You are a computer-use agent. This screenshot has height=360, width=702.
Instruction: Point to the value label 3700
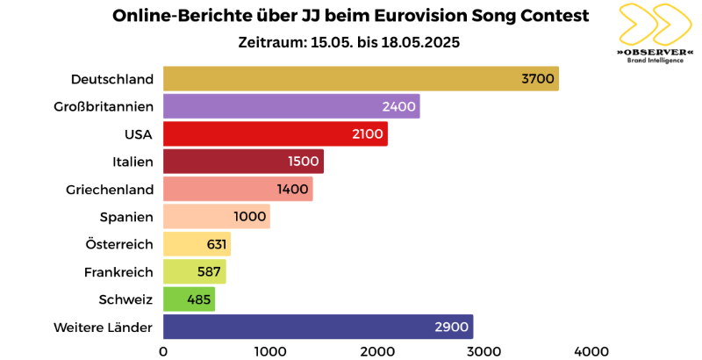pyautogui.click(x=537, y=79)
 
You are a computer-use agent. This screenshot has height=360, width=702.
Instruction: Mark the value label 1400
pyautogui.click(x=291, y=190)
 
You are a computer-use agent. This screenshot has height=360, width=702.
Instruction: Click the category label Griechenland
pyautogui.click(x=110, y=190)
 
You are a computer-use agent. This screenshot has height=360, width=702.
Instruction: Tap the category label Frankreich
pyautogui.click(x=118, y=272)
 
